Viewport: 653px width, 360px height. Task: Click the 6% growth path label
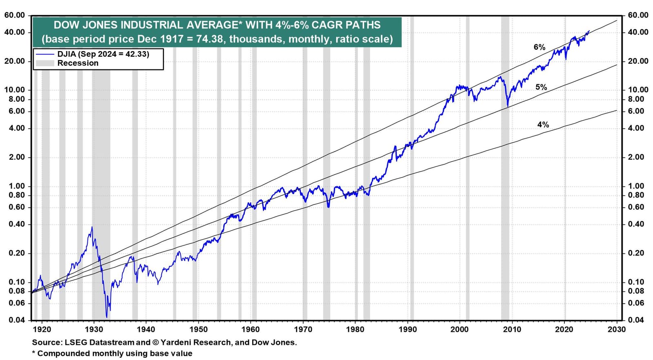pyautogui.click(x=539, y=47)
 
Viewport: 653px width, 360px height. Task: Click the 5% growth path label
pyautogui.click(x=541, y=87)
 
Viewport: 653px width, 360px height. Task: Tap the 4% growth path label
pyautogui.click(x=543, y=124)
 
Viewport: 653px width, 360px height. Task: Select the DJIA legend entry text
pyautogui.click(x=103, y=54)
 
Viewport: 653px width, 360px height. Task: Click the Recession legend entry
pyautogui.click(x=78, y=63)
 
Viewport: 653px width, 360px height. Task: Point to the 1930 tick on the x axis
pyautogui.click(x=93, y=329)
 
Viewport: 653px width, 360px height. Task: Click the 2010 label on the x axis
pyautogui.click(x=512, y=329)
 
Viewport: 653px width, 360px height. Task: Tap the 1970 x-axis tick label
pyautogui.click(x=303, y=329)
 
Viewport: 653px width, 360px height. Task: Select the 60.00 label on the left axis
pyautogui.click(x=15, y=15)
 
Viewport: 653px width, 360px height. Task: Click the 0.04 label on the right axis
pyautogui.click(x=636, y=320)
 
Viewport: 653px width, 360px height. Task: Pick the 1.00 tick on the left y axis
pyautogui.click(x=17, y=186)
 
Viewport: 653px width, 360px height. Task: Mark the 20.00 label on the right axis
pyautogui.click(x=637, y=61)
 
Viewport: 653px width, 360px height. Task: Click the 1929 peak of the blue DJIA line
pyautogui.click(x=92, y=227)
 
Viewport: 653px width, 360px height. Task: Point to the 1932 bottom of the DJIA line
pyautogui.click(x=107, y=317)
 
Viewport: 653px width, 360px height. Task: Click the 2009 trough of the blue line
pyautogui.click(x=507, y=107)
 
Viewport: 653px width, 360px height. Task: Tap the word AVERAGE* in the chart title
pyautogui.click(x=213, y=25)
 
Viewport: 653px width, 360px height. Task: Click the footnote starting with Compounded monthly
pyautogui.click(x=114, y=353)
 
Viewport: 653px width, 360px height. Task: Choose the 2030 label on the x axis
pyautogui.click(x=617, y=329)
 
